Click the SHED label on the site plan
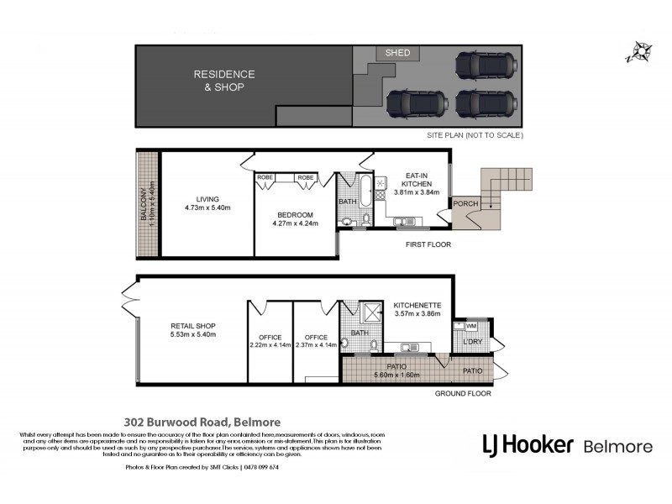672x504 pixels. [397, 53]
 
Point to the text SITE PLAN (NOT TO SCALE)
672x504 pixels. [474, 135]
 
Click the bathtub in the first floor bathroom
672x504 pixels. [365, 193]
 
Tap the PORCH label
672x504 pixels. [465, 204]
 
